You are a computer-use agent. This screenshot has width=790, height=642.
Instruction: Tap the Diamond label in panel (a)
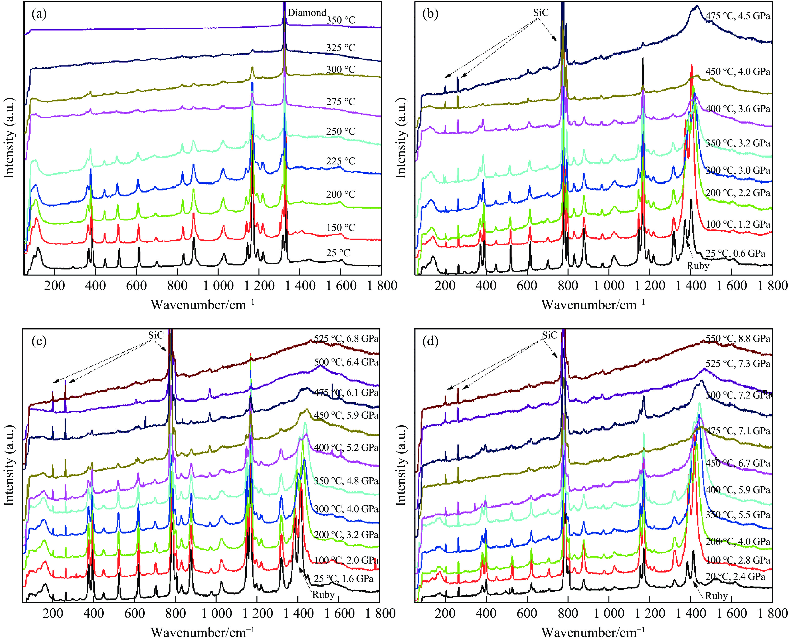point(307,13)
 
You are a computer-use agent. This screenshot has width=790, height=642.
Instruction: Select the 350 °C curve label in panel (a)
point(340,20)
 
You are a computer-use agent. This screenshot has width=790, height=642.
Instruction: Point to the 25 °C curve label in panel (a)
point(338,253)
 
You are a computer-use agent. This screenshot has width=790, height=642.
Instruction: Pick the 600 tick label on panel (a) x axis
point(136,286)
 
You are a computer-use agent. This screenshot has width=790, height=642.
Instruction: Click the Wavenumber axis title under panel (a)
point(203,305)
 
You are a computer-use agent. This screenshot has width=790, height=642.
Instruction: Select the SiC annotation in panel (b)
point(541,13)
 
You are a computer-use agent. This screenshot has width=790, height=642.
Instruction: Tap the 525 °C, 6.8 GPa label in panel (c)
point(346,339)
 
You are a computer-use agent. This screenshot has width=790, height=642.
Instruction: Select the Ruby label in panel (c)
point(323,595)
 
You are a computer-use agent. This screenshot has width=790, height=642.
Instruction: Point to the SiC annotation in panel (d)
point(549,335)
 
